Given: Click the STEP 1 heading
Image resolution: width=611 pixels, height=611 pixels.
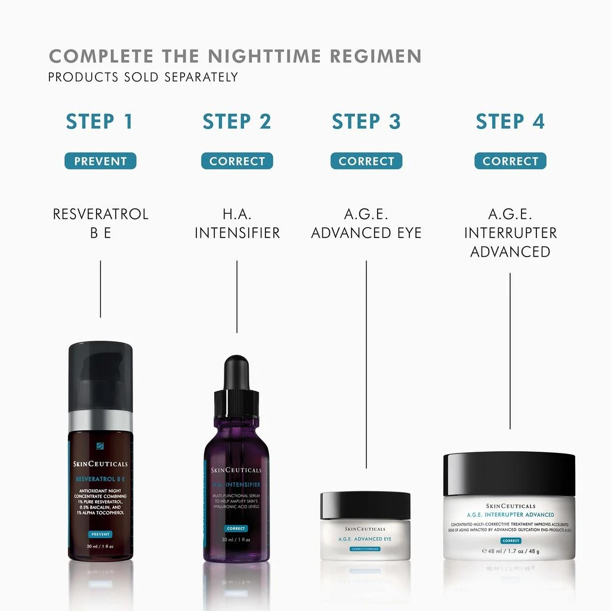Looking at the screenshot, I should pos(100,122).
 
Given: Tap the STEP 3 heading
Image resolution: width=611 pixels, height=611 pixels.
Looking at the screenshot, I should pos(366,122).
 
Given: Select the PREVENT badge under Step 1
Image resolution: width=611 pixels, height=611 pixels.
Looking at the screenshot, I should pos(100,161).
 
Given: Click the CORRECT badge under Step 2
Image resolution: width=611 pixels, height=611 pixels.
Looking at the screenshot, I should pos(237,161).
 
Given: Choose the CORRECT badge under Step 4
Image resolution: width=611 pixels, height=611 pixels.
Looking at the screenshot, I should pos(510,161).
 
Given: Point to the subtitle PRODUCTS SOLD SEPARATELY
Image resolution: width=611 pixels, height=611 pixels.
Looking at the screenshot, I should pos(143,77).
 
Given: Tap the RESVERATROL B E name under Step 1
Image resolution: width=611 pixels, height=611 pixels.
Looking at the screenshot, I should pos(100,223).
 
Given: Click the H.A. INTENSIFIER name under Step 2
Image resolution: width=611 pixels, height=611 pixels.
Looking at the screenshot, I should pos(237,223).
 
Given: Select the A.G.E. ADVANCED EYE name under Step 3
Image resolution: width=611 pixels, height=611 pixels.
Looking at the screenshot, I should pos(366,223).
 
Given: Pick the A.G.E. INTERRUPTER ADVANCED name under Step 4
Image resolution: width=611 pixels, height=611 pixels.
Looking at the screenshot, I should pos(510,232).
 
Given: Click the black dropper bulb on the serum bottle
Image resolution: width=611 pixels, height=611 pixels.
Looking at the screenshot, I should pos(237,373).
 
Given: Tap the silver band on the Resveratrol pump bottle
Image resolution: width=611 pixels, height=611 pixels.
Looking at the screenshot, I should pos(100,421).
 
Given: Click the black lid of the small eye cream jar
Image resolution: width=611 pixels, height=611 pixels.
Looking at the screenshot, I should pos(365,505).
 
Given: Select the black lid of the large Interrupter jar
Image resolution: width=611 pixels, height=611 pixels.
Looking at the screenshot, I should pos(509,474).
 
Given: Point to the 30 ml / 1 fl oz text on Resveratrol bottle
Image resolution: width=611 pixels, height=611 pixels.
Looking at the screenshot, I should pos(100,545).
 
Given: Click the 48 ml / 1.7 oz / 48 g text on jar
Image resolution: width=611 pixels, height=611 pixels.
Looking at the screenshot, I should pos(510,551).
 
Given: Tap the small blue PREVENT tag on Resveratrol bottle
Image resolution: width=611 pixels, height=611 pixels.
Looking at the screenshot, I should pos(100,533).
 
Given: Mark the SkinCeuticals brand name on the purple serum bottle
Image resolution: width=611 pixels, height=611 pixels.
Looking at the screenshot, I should pos(237,470).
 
